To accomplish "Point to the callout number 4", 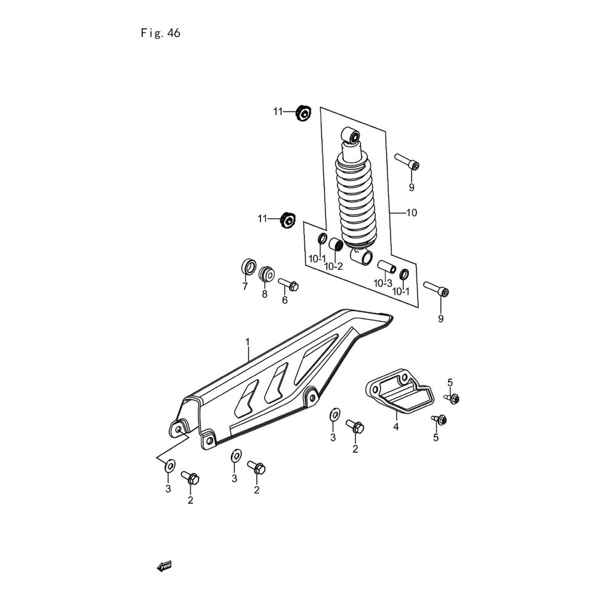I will [396, 426].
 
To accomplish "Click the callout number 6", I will [285, 300].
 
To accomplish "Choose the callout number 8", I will [265, 294].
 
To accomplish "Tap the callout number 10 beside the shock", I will [411, 213].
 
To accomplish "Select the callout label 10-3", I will [383, 283].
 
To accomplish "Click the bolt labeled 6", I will [289, 285].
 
